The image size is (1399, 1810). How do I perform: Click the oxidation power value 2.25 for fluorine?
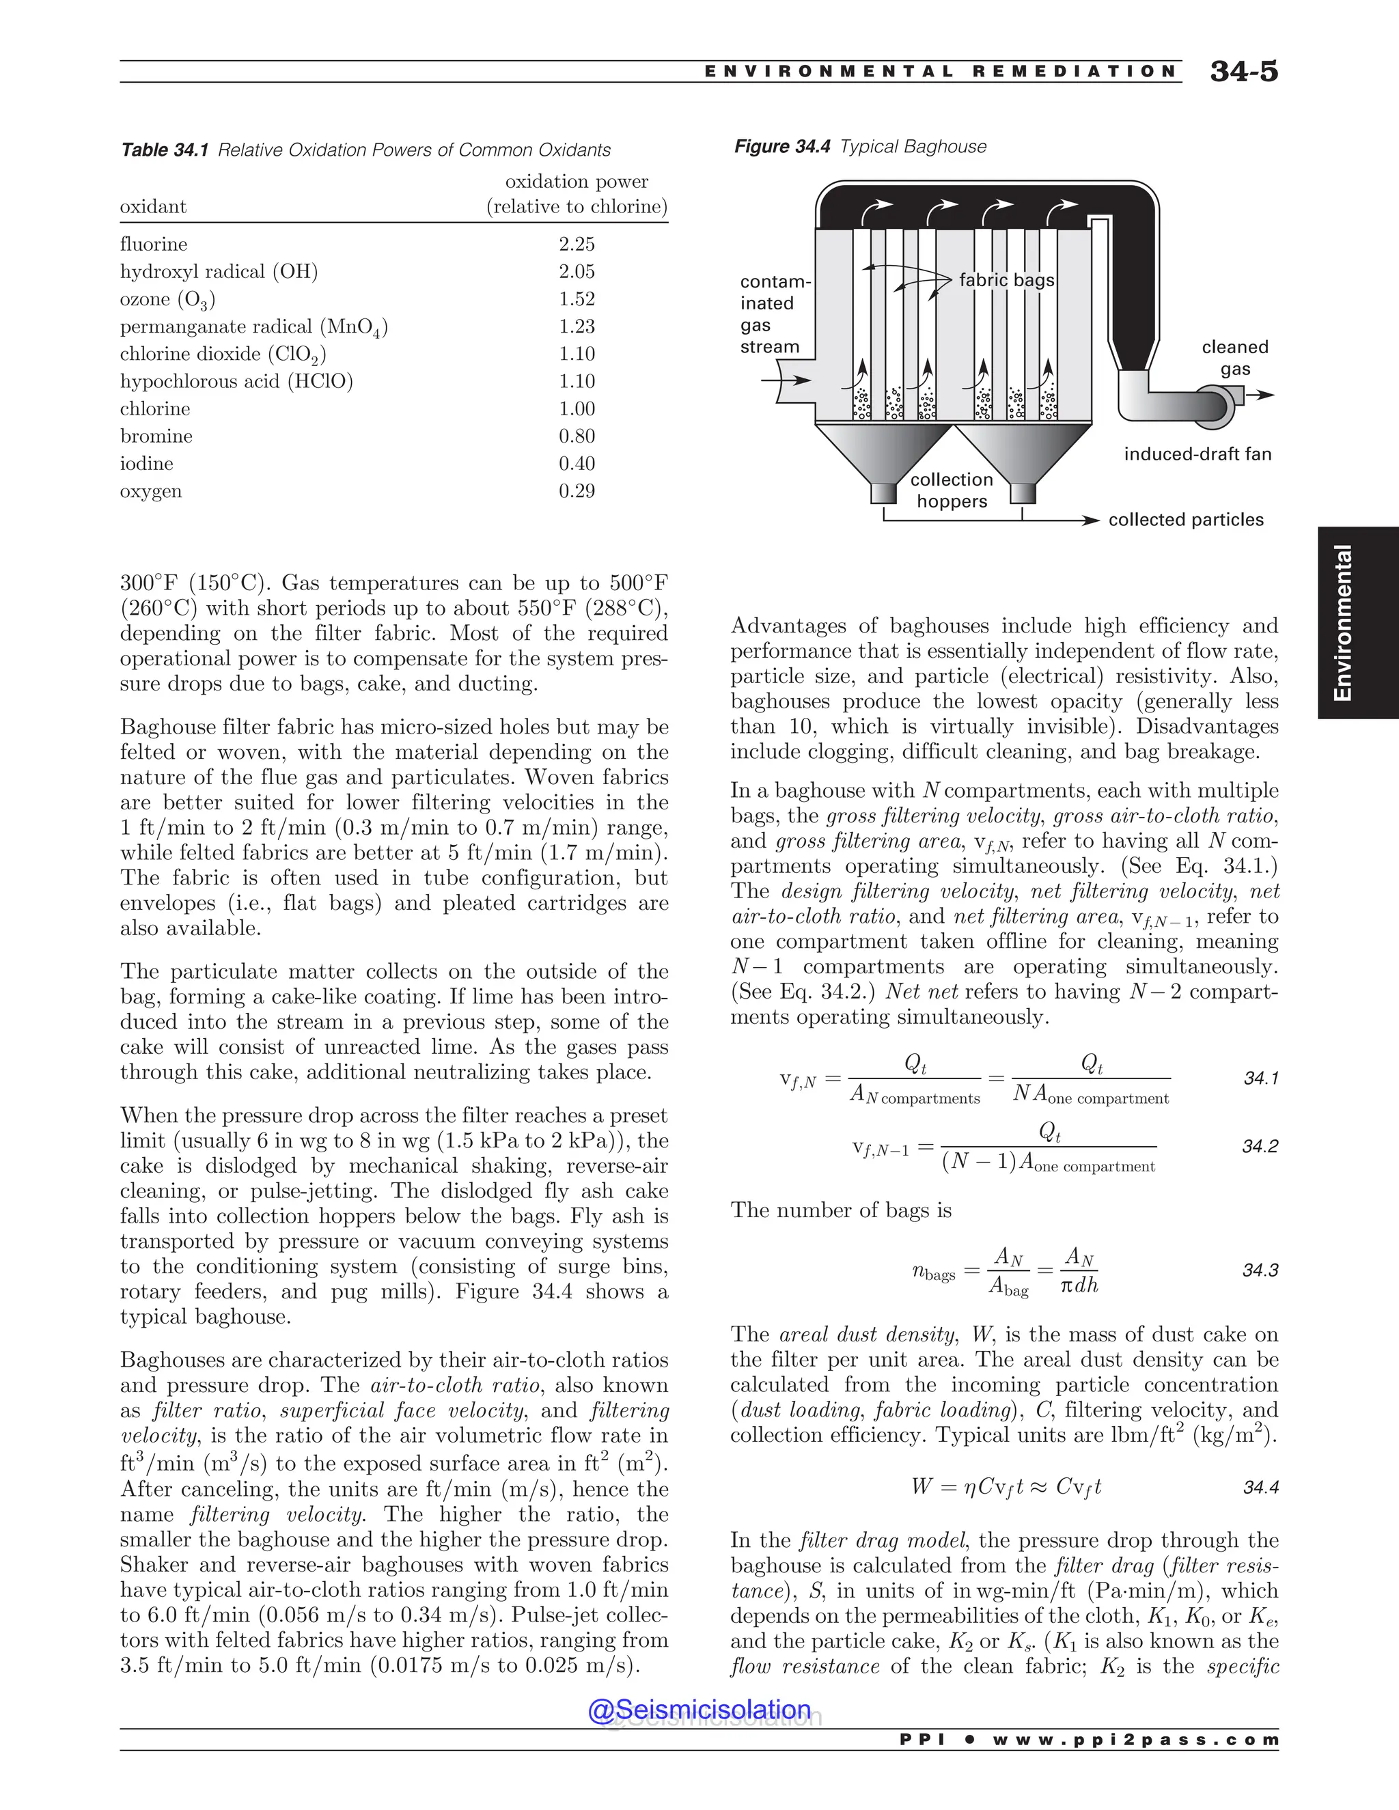576,245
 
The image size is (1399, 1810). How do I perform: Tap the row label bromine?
156,436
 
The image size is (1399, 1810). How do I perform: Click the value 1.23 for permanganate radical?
576,326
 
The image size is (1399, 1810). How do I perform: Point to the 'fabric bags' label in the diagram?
1006,280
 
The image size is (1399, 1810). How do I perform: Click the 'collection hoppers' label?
952,490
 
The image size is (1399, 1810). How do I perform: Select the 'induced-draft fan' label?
1197,454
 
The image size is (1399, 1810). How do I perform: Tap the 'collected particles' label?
1185,520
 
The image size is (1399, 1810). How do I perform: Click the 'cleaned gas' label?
1234,358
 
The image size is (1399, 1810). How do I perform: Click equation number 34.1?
1260,1078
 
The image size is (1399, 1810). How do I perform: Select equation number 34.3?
1260,1270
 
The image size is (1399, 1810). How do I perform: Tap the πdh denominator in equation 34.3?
1079,1285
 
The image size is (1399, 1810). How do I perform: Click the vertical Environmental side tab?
1342,622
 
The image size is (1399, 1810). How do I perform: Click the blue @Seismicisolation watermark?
699,1710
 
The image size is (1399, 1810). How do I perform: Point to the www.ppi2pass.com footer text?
1135,1740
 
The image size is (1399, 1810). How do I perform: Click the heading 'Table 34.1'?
164,150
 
